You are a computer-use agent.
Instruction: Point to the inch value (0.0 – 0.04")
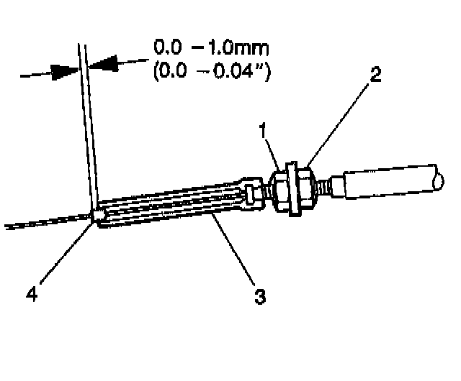[x=211, y=73]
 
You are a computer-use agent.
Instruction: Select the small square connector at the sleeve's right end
[x=251, y=194]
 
